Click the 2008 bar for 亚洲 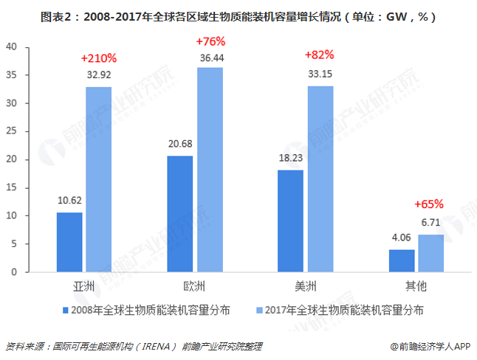click(69, 242)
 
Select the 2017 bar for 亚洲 click(98, 179)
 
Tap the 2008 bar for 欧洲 click(179, 214)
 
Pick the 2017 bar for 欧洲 click(209, 170)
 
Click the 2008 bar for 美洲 click(290, 221)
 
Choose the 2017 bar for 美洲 click(320, 179)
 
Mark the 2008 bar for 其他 click(401, 260)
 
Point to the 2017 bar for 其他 click(430, 253)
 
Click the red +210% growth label click(98, 57)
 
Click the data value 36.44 click(210, 57)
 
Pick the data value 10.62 click(69, 199)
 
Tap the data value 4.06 click(401, 238)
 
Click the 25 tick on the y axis click(11, 131)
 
